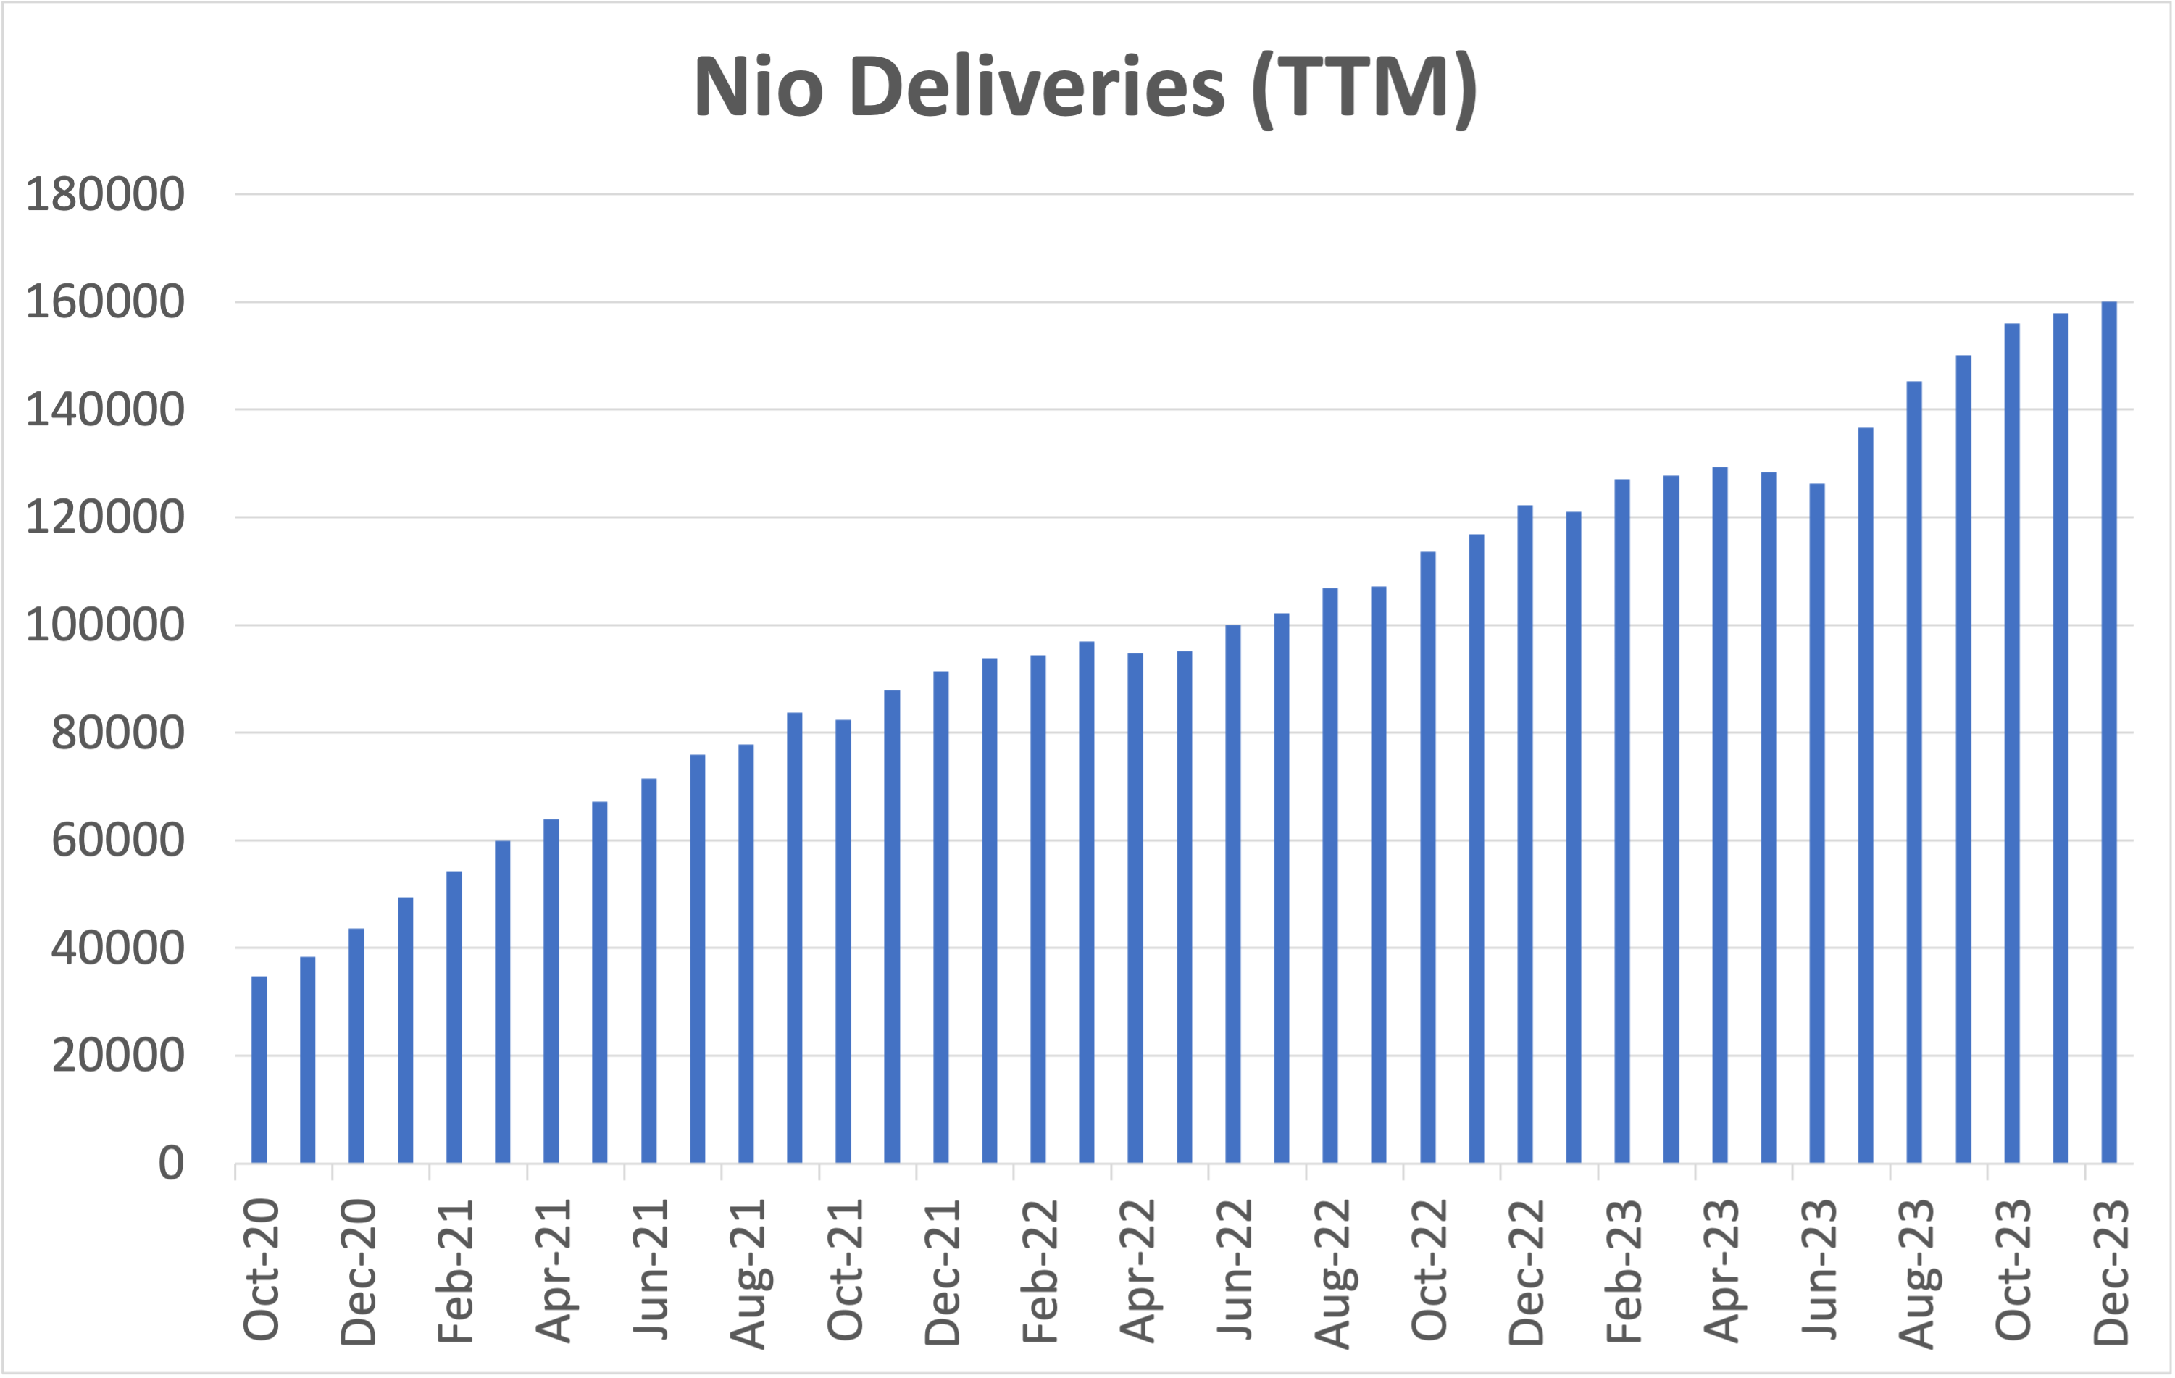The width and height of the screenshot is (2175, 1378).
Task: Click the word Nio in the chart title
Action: (x=758, y=88)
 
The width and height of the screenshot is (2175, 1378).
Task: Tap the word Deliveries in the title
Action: (x=1037, y=88)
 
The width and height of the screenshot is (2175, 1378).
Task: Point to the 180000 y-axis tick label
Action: (x=105, y=194)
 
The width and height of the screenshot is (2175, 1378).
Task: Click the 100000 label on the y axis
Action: (x=105, y=625)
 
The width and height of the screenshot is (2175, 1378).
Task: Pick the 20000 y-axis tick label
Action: (x=117, y=1056)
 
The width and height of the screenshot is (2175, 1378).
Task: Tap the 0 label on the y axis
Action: (x=171, y=1163)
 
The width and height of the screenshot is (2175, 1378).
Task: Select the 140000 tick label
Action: (x=105, y=410)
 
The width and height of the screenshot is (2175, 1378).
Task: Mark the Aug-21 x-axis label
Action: (x=747, y=1273)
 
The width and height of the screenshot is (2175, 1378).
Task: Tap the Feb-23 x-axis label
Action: (x=1623, y=1271)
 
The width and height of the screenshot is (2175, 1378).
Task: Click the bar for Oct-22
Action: (x=1427, y=857)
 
